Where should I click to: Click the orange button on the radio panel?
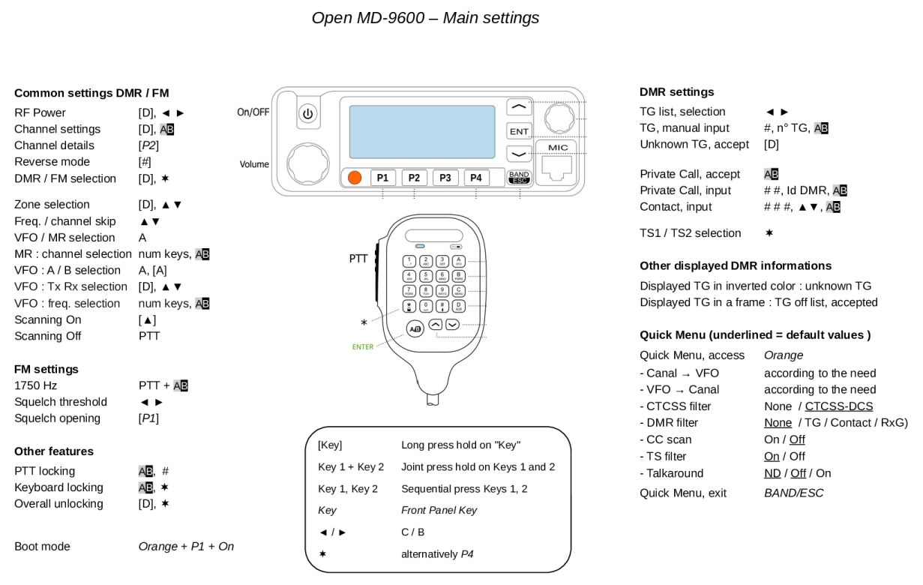point(355,178)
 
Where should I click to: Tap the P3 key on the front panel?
point(445,178)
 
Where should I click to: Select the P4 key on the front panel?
point(475,178)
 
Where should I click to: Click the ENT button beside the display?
point(519,131)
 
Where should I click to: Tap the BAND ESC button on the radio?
point(518,178)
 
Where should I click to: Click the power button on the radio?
point(308,114)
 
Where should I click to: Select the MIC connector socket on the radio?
point(559,166)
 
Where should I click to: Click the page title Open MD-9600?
point(424,17)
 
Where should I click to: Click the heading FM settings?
point(46,369)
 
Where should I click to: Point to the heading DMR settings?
point(676,92)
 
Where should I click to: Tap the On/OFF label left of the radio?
point(253,112)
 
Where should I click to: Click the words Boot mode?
point(43,546)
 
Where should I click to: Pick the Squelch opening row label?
point(57,418)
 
